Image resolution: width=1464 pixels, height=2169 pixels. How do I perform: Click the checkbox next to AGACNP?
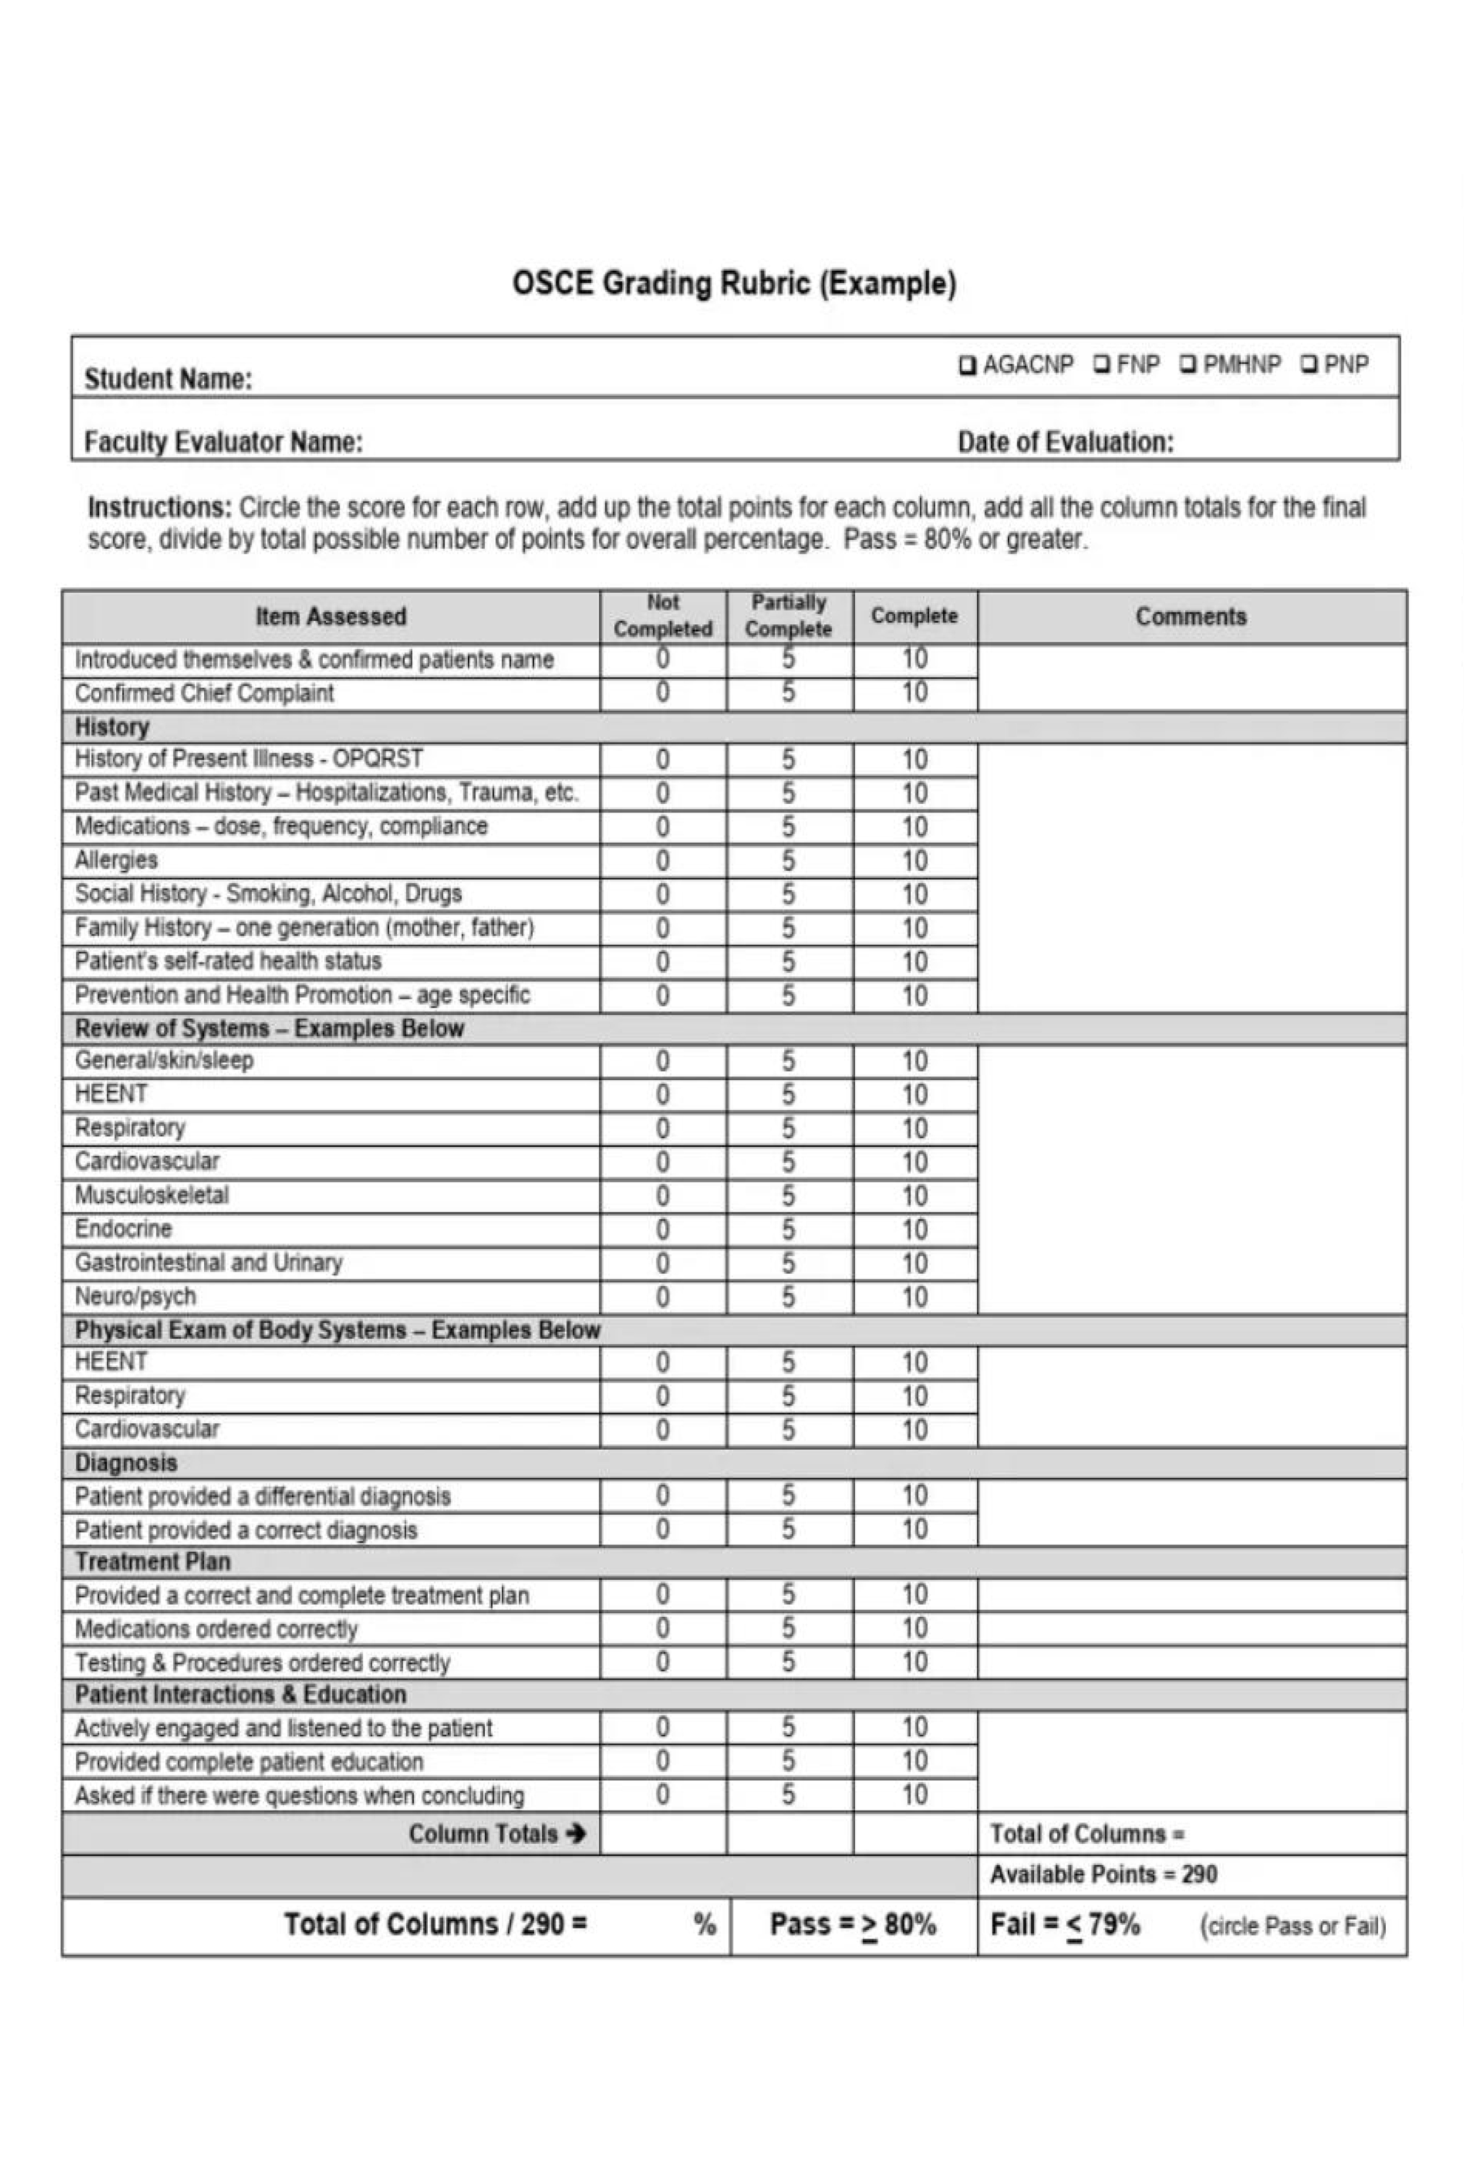(967, 365)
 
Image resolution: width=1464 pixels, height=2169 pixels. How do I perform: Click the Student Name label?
(168, 379)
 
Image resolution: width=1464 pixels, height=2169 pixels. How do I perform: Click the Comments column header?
(1190, 617)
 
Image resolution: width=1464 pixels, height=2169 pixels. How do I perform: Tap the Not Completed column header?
(662, 616)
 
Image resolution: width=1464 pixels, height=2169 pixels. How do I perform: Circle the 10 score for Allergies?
(914, 860)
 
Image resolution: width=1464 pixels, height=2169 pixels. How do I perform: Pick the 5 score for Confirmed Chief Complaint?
(788, 692)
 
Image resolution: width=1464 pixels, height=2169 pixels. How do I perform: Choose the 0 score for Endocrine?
(662, 1229)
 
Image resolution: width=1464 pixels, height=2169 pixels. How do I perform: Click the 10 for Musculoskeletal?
(914, 1196)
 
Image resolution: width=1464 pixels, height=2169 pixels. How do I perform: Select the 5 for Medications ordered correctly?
(788, 1629)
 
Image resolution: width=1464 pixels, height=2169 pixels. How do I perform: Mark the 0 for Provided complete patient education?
(662, 1761)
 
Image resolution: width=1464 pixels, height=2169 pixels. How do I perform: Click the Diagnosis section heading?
(126, 1462)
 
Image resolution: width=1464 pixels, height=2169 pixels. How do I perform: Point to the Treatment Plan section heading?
(153, 1562)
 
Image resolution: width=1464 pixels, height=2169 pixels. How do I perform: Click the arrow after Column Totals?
(576, 1834)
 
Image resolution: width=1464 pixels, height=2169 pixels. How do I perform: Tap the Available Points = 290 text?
(1103, 1875)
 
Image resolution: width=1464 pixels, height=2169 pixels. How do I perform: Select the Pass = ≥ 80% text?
(852, 1924)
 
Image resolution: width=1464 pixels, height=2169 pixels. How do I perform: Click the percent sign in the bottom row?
(704, 1924)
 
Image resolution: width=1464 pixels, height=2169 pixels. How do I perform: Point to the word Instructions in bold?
(159, 508)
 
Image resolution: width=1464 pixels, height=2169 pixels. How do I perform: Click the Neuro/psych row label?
(135, 1296)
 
